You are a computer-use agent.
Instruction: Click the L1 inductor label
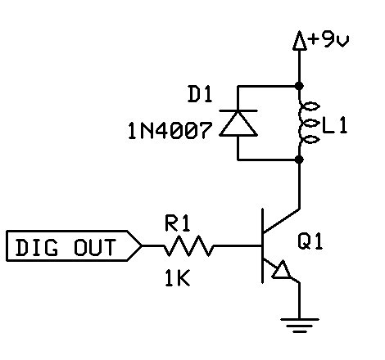click(337, 126)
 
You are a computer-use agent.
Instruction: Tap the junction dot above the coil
click(299, 84)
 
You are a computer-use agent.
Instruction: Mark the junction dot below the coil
click(299, 160)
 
